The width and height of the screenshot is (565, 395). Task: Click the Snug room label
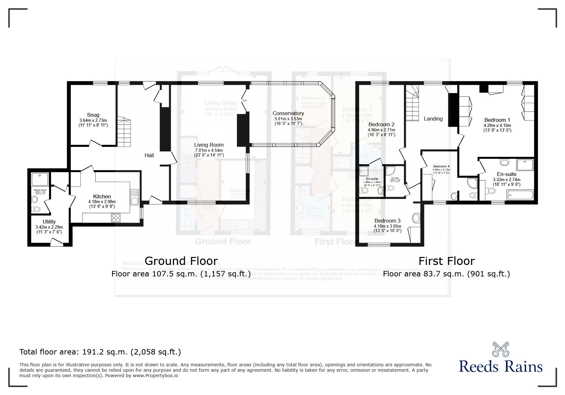point(93,115)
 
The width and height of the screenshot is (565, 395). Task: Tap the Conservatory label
point(288,113)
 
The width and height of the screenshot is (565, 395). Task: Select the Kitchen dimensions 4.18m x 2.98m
point(102,201)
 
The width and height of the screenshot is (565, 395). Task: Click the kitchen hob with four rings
point(116,218)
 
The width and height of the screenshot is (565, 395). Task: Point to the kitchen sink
point(134,201)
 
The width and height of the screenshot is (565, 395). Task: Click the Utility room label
point(49,222)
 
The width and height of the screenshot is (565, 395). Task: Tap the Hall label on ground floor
point(149,155)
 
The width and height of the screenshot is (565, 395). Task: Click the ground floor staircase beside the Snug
point(124,131)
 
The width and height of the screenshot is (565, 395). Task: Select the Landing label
point(433,119)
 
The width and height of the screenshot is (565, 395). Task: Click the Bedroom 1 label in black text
point(497,120)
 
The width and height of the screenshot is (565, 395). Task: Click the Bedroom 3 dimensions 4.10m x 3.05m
point(387,226)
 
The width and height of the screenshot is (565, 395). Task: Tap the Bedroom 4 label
point(441,166)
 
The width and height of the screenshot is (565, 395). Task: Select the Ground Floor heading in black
point(181,261)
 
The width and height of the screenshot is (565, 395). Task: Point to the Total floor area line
point(100,352)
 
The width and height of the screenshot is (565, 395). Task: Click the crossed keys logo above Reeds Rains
point(501,349)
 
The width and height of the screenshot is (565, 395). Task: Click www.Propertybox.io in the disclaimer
point(155,376)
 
